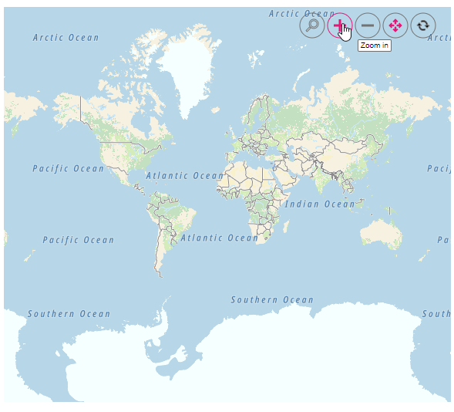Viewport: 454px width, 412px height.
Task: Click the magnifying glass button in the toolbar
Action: (312, 25)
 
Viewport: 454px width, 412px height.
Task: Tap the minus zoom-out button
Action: (368, 25)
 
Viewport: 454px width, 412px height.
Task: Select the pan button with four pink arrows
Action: (395, 25)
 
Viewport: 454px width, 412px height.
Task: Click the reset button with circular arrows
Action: (422, 25)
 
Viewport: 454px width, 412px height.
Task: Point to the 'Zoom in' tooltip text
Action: (375, 46)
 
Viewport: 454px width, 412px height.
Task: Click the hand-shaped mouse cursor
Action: (345, 32)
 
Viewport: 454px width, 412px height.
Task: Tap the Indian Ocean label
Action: (320, 204)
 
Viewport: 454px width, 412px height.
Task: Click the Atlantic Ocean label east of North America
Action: (184, 176)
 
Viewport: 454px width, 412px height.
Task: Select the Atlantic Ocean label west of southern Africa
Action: (220, 238)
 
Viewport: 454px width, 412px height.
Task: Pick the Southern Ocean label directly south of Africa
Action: (272, 299)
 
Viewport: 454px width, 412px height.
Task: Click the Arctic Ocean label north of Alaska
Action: (66, 38)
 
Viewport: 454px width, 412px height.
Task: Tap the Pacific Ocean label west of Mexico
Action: (68, 168)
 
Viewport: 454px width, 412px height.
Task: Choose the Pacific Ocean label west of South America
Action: (78, 240)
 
